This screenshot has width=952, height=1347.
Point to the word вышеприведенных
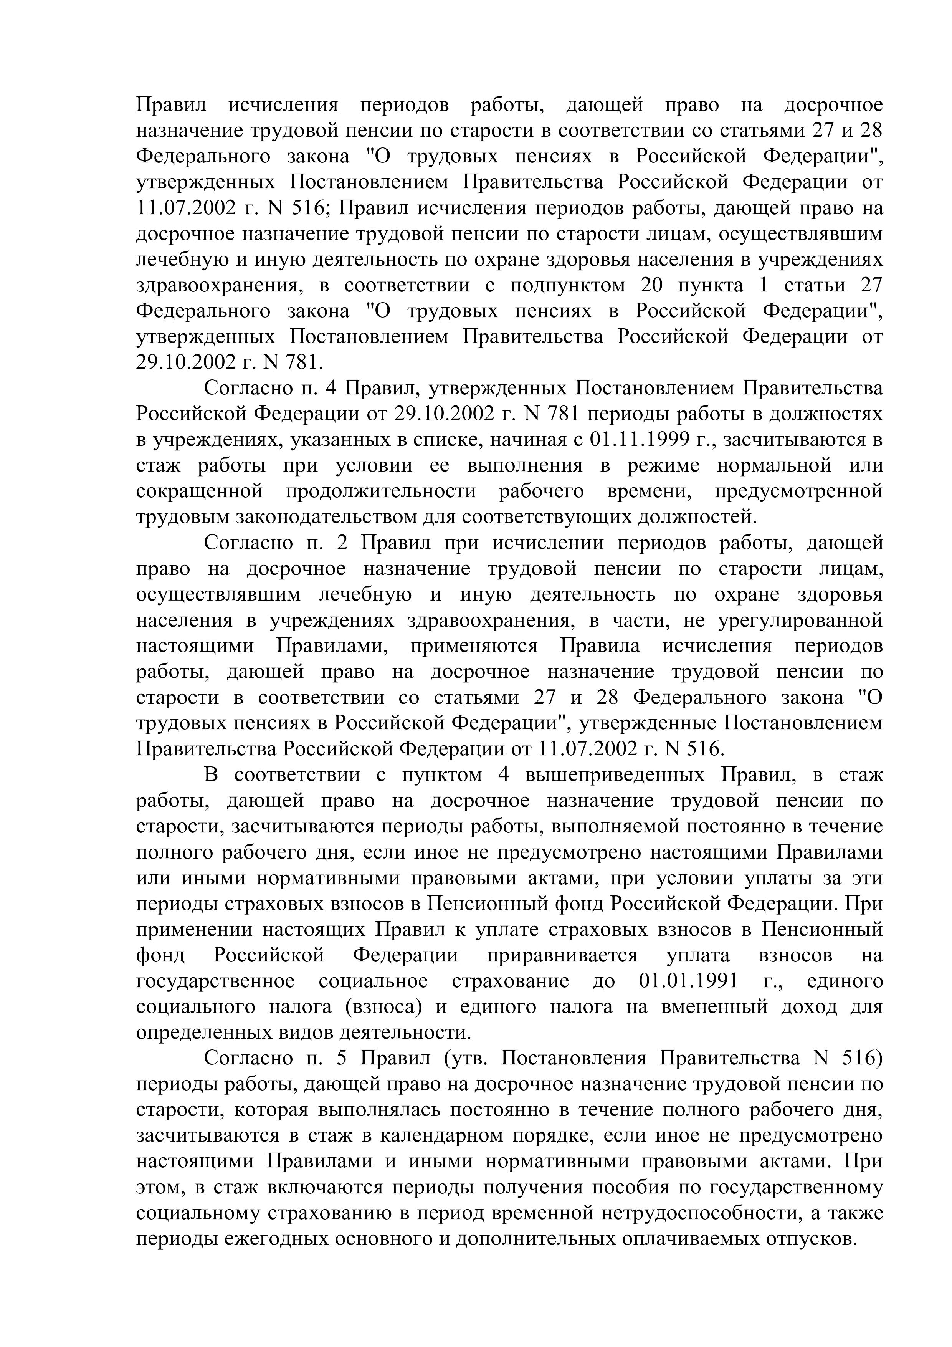pyautogui.click(x=615, y=775)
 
